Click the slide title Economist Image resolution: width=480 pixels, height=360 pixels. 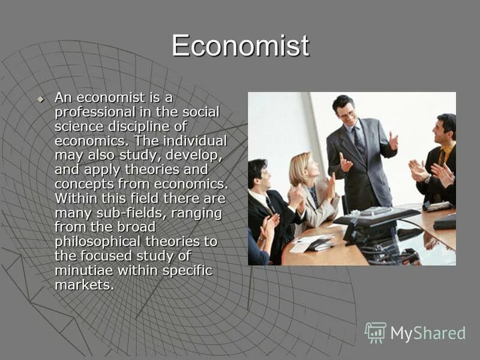tap(240, 46)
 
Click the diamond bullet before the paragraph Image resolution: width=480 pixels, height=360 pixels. tap(40, 98)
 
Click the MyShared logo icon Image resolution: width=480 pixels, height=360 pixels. tap(376, 332)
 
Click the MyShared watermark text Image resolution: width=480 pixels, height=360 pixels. tap(427, 334)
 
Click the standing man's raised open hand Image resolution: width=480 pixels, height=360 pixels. tap(392, 142)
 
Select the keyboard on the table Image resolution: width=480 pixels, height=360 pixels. tap(376, 211)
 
